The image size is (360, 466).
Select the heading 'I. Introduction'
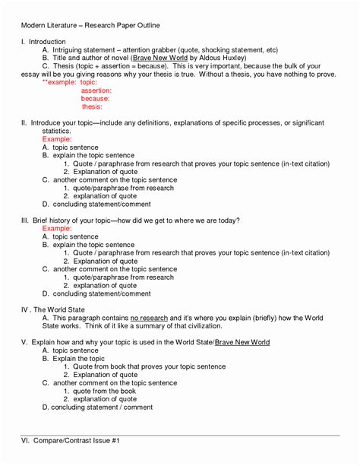tap(43, 41)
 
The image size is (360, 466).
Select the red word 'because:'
tap(95, 99)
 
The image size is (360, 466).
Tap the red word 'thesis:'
tap(92, 107)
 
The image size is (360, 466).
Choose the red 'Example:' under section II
tap(57, 140)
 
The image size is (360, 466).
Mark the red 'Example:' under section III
tap(57, 228)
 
